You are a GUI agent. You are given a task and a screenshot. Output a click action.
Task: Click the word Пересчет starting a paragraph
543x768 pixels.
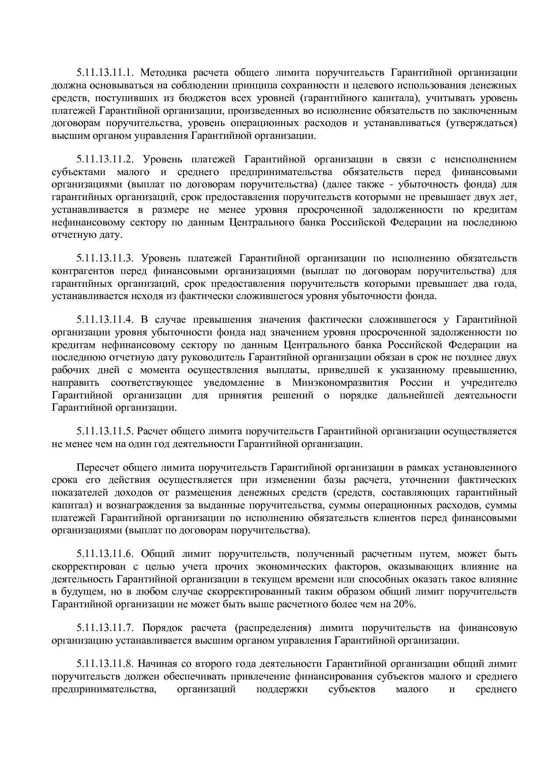(x=95, y=468)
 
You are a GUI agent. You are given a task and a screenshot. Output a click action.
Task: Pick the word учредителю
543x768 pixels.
(x=489, y=383)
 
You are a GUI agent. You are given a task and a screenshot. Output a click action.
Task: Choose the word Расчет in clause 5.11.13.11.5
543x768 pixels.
(x=150, y=431)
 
